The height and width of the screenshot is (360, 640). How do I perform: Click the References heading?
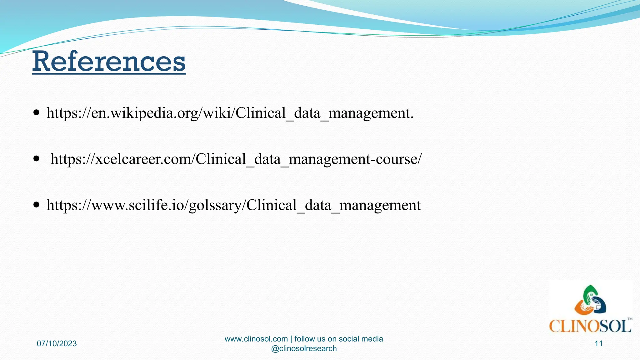pyautogui.click(x=109, y=61)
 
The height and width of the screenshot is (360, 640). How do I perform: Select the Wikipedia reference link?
pyautogui.click(x=230, y=113)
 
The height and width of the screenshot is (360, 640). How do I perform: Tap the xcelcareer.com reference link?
pyautogui.click(x=236, y=159)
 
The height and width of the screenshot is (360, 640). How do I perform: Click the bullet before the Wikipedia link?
pyautogui.click(x=37, y=112)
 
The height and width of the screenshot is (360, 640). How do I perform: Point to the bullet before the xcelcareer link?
pyautogui.click(x=37, y=159)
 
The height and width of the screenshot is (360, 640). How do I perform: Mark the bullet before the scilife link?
pyautogui.click(x=37, y=205)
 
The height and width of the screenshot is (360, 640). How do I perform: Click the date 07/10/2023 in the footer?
pyautogui.click(x=57, y=344)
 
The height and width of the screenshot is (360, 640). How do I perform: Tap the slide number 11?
pyautogui.click(x=598, y=344)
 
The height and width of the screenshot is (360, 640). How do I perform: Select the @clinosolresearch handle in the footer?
pyautogui.click(x=304, y=349)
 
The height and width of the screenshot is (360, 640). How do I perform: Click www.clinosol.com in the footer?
pyautogui.click(x=256, y=339)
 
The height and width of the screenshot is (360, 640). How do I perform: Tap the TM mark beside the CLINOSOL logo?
pyautogui.click(x=630, y=319)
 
